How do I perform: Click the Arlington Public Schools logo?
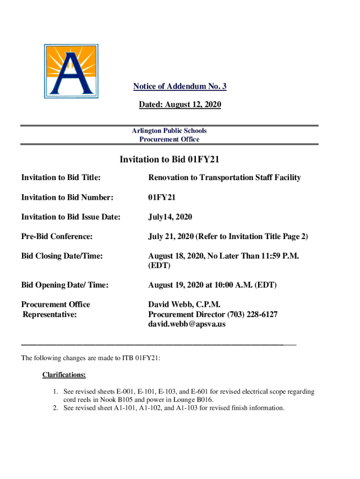click(71, 71)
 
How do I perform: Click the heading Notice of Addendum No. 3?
click(180, 87)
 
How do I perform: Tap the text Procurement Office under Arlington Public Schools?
click(169, 139)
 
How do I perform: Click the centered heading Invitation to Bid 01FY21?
click(169, 160)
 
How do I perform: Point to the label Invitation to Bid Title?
click(61, 178)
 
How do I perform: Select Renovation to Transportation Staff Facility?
click(224, 178)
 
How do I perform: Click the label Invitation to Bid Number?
click(67, 197)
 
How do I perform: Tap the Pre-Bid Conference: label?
click(57, 237)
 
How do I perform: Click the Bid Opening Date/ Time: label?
click(65, 285)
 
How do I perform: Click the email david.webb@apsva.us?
click(187, 324)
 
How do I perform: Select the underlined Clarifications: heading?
click(64, 375)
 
